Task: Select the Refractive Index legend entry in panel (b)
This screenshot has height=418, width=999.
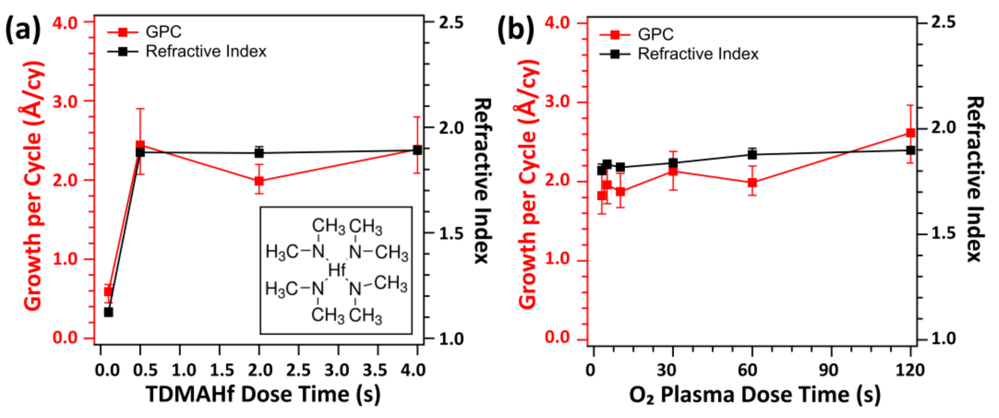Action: (x=698, y=54)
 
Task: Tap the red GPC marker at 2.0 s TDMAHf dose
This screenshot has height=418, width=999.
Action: (x=259, y=181)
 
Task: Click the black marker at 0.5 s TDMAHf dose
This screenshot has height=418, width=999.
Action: (x=140, y=152)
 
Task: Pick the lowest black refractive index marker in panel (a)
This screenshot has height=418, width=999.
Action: (x=109, y=312)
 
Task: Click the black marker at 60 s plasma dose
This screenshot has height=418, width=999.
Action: (x=752, y=155)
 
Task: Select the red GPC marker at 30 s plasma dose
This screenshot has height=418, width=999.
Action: (x=673, y=171)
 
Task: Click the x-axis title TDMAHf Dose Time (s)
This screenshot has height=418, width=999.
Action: (x=263, y=394)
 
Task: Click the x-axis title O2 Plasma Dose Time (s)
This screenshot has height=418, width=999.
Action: (x=754, y=395)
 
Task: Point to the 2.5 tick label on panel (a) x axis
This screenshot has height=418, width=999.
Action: (x=298, y=370)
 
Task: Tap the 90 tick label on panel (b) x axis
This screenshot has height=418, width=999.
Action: (x=828, y=370)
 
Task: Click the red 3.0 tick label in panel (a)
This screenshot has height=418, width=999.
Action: (x=65, y=101)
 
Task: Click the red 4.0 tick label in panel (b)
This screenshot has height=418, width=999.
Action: (x=557, y=23)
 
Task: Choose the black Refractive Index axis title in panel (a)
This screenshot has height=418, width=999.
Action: (x=483, y=180)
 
